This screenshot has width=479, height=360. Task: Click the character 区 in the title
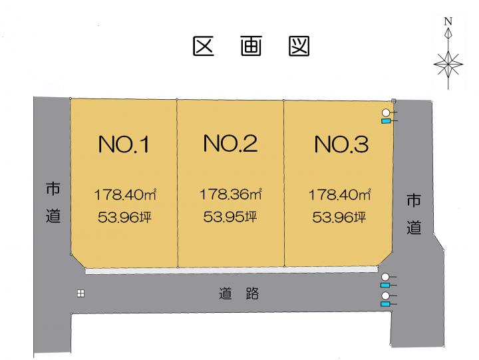click(x=204, y=47)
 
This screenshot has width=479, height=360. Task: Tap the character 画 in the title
click(x=251, y=47)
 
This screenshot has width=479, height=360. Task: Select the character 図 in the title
click(x=299, y=47)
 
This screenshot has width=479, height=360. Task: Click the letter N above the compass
click(x=448, y=21)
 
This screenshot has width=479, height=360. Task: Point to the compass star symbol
click(x=448, y=64)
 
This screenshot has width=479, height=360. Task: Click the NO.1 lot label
click(x=124, y=144)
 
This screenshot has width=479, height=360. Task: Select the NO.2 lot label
click(x=230, y=143)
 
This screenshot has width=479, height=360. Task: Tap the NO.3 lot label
click(x=341, y=144)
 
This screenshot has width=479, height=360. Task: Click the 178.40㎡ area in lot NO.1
click(x=125, y=195)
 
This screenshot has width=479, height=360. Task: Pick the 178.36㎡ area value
click(x=231, y=194)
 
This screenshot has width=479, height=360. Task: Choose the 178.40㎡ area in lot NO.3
click(x=340, y=195)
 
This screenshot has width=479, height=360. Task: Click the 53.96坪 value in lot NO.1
click(x=124, y=218)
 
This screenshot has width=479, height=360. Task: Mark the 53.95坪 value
click(x=230, y=217)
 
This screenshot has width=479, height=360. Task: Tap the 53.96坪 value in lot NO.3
click(x=339, y=218)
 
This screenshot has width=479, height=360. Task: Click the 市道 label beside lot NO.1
click(x=53, y=202)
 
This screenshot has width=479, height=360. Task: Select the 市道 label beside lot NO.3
click(x=414, y=214)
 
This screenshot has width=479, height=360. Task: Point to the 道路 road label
click(x=239, y=293)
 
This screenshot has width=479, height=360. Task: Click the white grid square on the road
click(x=80, y=293)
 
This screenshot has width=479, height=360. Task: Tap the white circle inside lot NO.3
click(x=386, y=112)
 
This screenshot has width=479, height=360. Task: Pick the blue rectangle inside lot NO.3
click(x=386, y=121)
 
